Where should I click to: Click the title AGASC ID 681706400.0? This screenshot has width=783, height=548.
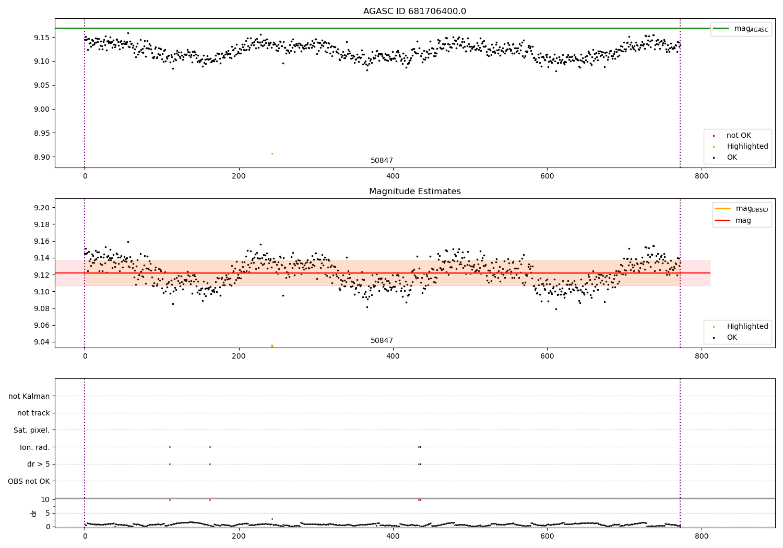(x=414, y=11)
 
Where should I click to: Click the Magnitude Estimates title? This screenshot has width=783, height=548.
(x=414, y=192)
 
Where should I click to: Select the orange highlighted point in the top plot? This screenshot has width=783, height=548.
(x=272, y=153)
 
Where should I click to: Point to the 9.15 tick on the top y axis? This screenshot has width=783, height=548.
(x=42, y=38)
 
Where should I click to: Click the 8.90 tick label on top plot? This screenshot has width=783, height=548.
(x=42, y=157)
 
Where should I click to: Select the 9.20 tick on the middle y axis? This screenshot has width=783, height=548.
(x=42, y=208)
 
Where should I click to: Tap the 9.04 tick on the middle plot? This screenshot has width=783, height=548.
(x=42, y=342)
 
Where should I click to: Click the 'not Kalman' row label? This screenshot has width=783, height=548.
(x=29, y=396)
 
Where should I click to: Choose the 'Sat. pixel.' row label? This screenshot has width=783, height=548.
(x=31, y=430)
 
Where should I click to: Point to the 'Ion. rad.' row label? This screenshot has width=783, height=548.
(x=34, y=447)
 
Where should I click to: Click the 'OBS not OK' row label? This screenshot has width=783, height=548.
(x=29, y=481)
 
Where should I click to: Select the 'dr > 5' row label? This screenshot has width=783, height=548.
(x=38, y=464)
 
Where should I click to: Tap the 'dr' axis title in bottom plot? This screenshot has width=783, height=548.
(x=34, y=513)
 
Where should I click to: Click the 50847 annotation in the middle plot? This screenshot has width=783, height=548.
(x=382, y=340)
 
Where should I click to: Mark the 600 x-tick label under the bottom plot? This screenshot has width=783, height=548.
(x=547, y=536)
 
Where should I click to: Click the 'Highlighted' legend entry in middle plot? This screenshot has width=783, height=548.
(x=747, y=326)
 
